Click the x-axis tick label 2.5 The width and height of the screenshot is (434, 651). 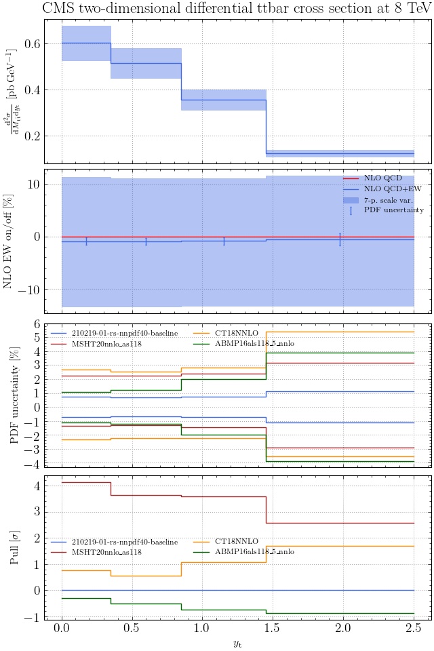(414, 629)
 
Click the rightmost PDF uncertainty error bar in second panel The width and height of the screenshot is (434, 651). (340, 239)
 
